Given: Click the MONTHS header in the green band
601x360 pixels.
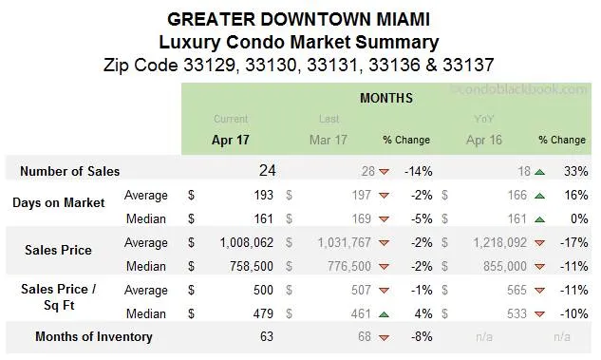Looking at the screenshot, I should (386, 98).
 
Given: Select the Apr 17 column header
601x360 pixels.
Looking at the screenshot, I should (231, 140).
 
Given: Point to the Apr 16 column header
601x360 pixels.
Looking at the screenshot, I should (485, 140).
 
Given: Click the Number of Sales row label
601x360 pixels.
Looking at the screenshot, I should (70, 171).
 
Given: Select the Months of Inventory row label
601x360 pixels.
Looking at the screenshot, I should (93, 336).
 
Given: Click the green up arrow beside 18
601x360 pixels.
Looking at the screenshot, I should (539, 172).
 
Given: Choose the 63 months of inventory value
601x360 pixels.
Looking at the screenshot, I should (267, 336).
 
